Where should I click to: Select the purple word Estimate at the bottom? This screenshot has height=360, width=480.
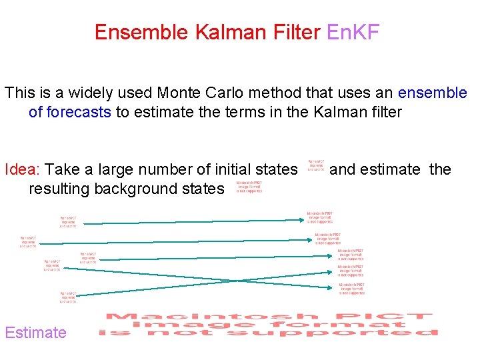pos(36,332)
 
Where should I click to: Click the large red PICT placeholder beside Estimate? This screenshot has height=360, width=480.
pos(269,324)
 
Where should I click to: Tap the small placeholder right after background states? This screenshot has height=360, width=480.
pos(249,187)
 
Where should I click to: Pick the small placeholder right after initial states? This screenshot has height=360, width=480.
pos(316,165)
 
